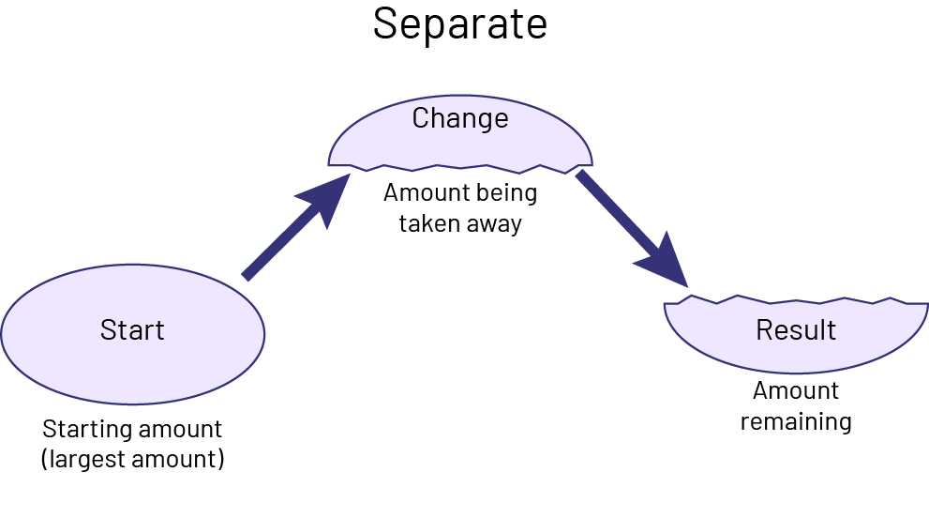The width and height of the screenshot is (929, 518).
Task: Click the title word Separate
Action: point(459,24)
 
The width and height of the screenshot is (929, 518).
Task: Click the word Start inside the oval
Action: point(132,330)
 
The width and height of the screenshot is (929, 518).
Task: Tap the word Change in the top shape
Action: point(460,118)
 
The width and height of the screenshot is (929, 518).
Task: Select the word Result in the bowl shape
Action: point(796,330)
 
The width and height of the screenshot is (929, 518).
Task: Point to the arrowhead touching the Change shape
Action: point(324,197)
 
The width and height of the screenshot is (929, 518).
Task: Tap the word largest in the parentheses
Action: point(89,461)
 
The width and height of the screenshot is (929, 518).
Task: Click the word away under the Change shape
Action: point(493,224)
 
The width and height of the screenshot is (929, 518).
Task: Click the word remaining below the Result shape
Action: point(796,421)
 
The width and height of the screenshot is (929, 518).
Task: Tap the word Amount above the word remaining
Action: point(796,390)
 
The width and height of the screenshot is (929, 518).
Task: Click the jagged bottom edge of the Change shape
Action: point(460,170)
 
